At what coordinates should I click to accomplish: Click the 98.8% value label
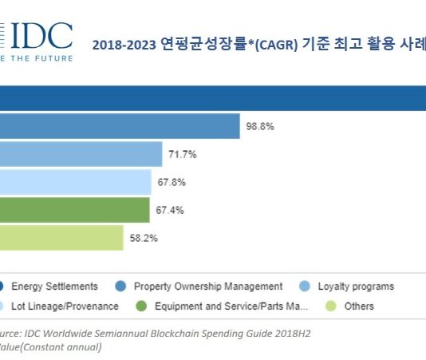coord(261,126)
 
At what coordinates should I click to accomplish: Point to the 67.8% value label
coord(172,182)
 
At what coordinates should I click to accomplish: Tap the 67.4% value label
coord(170,210)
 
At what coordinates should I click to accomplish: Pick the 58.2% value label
coord(144,238)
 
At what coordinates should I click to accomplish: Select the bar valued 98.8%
coord(120,126)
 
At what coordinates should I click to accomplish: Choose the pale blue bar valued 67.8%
coord(75,182)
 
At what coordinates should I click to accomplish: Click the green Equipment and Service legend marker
coord(140,306)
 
